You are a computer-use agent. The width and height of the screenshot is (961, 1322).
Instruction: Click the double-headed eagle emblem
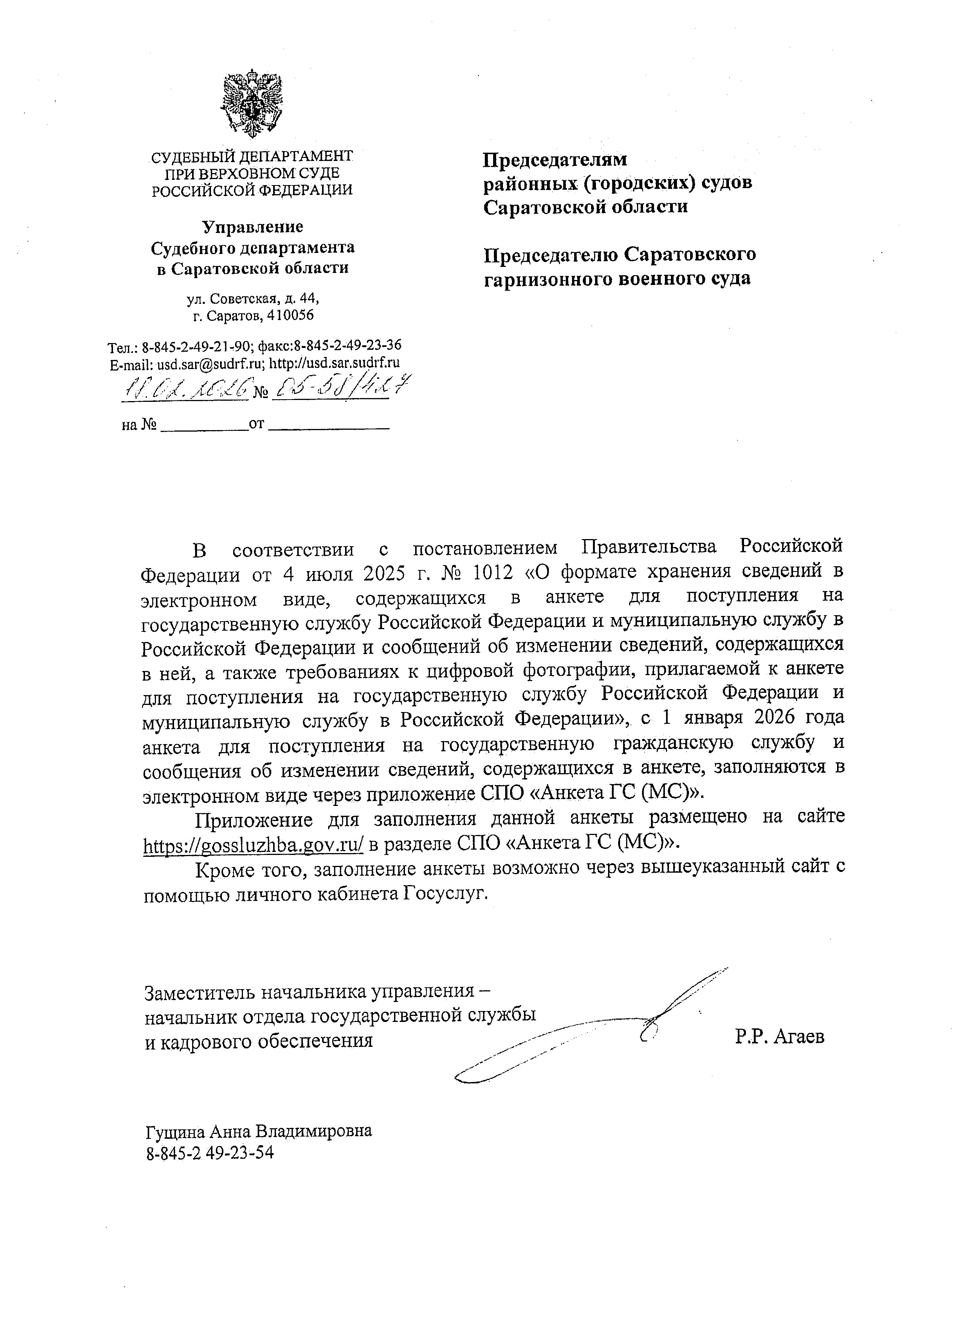click(252, 103)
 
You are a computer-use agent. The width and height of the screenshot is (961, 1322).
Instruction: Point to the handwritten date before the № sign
click(188, 388)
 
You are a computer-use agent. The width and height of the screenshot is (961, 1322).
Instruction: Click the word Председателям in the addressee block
click(555, 159)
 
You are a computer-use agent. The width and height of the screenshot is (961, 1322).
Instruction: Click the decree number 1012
click(493, 573)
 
